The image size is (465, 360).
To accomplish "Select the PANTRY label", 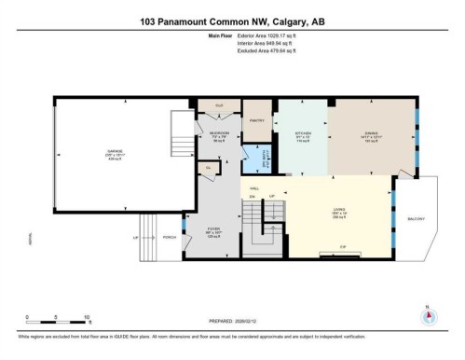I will click(x=257, y=120).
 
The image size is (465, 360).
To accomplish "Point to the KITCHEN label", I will click(x=303, y=133).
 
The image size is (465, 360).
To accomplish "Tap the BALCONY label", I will click(x=417, y=219).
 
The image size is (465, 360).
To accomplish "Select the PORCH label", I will click(x=170, y=237).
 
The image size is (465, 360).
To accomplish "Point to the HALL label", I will click(x=253, y=187).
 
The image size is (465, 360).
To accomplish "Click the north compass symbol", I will click(x=428, y=317).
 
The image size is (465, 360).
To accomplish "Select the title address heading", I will click(x=232, y=21).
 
